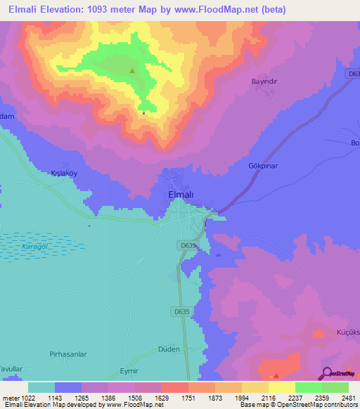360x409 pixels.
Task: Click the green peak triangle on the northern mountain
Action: point(132,70)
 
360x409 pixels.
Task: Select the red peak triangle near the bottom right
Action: point(276,375)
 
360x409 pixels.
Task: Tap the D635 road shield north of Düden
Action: point(179,311)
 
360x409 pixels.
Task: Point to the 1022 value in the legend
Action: point(23,398)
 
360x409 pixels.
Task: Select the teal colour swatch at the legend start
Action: point(41,387)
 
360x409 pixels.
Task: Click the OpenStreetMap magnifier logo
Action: point(327,373)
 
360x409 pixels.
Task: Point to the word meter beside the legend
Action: point(8,398)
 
